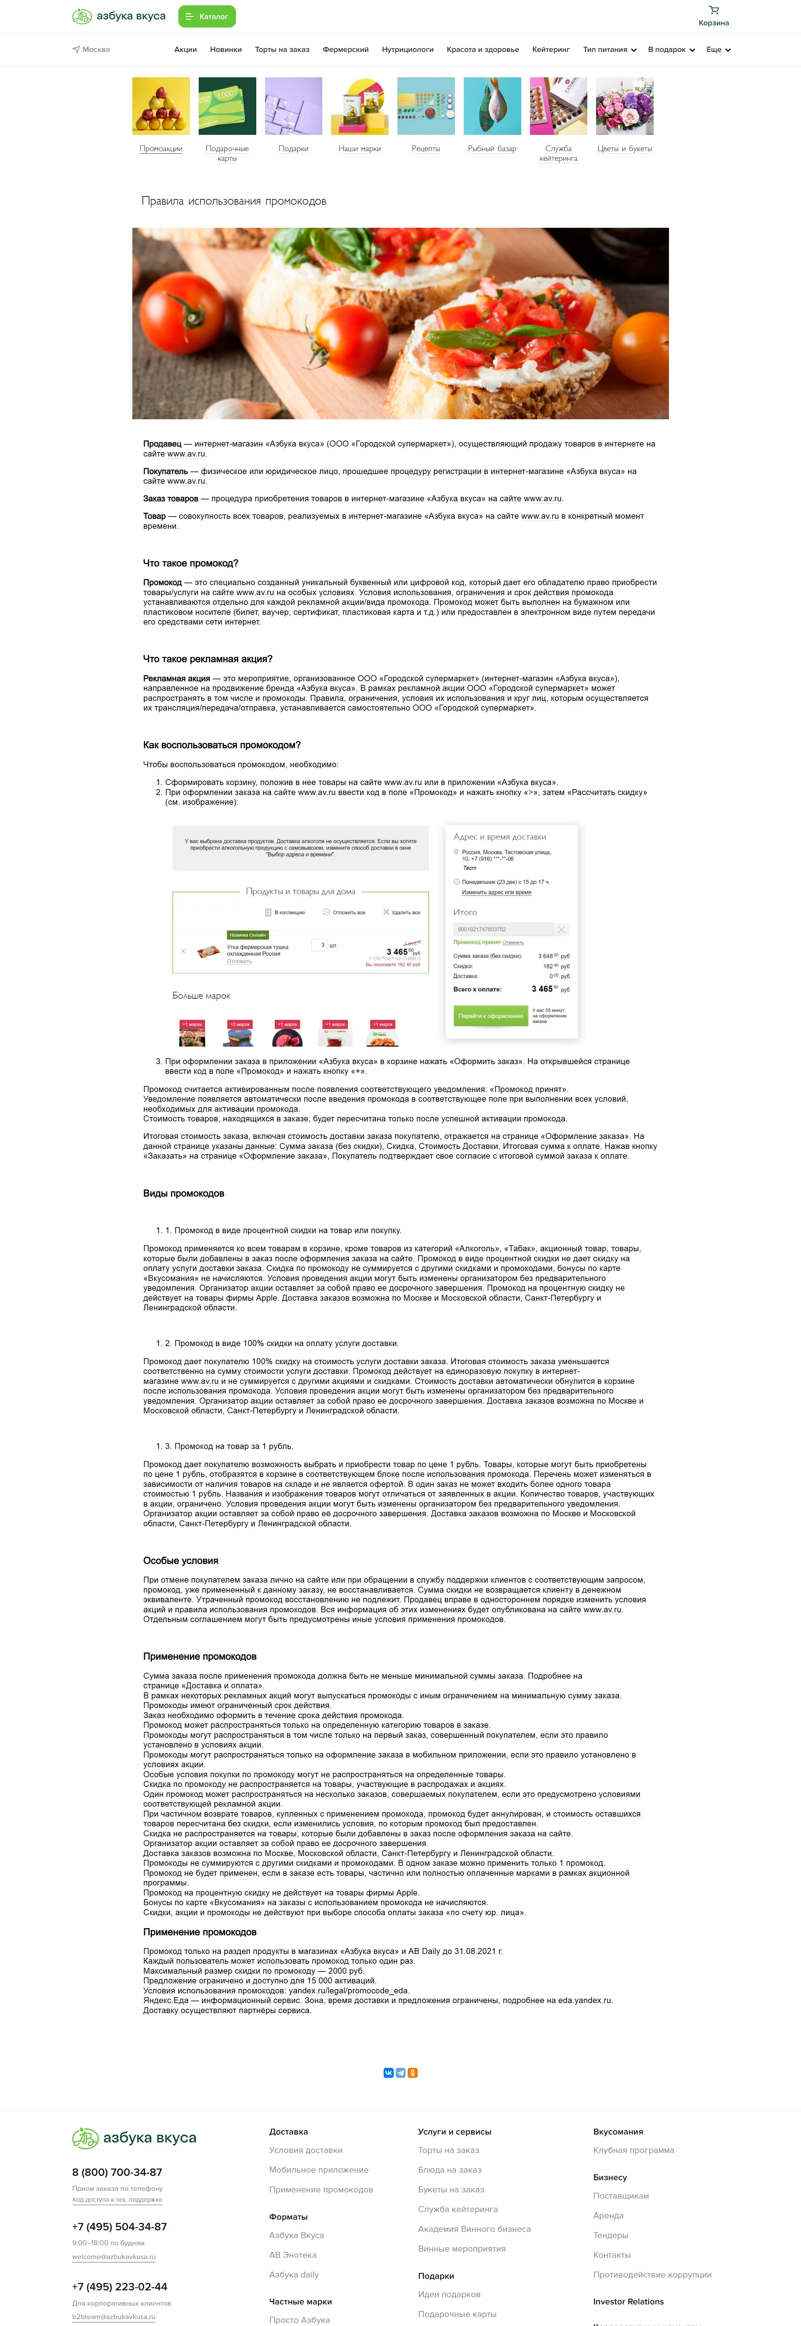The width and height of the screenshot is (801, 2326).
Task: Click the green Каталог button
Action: tap(207, 16)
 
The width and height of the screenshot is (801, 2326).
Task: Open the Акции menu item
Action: tap(185, 50)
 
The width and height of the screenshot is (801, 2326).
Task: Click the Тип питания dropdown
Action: tap(610, 50)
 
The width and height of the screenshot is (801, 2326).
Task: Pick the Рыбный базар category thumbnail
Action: tap(492, 107)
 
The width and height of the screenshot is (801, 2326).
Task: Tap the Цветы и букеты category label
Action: tap(624, 149)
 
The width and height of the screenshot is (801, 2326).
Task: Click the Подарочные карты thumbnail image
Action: tap(227, 107)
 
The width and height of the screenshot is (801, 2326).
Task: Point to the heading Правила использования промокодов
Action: tap(234, 201)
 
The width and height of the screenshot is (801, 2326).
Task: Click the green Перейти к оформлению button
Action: tap(490, 1016)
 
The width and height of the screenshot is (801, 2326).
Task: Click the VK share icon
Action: tap(388, 2073)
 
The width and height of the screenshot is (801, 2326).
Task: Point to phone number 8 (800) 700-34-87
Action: tap(117, 2172)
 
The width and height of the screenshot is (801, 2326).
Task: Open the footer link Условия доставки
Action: tap(305, 2150)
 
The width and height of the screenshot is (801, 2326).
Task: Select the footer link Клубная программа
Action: tap(633, 2150)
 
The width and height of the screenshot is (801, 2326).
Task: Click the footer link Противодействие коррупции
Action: tap(652, 2275)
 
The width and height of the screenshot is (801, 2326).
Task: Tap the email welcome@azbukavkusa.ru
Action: tap(114, 2257)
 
